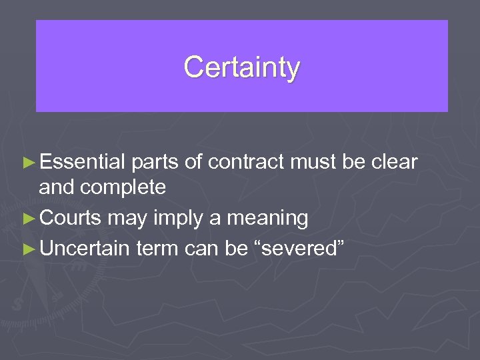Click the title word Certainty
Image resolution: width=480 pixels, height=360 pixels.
tap(241, 67)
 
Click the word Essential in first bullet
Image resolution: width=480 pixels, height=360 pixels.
tap(83, 162)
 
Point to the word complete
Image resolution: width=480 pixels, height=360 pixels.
tap(123, 187)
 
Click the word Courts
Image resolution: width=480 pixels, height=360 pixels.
tap(71, 218)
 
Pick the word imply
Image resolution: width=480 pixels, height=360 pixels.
tap(169, 219)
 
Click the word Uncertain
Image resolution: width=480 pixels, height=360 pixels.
tap(85, 248)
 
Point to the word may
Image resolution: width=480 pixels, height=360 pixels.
tap(125, 219)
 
